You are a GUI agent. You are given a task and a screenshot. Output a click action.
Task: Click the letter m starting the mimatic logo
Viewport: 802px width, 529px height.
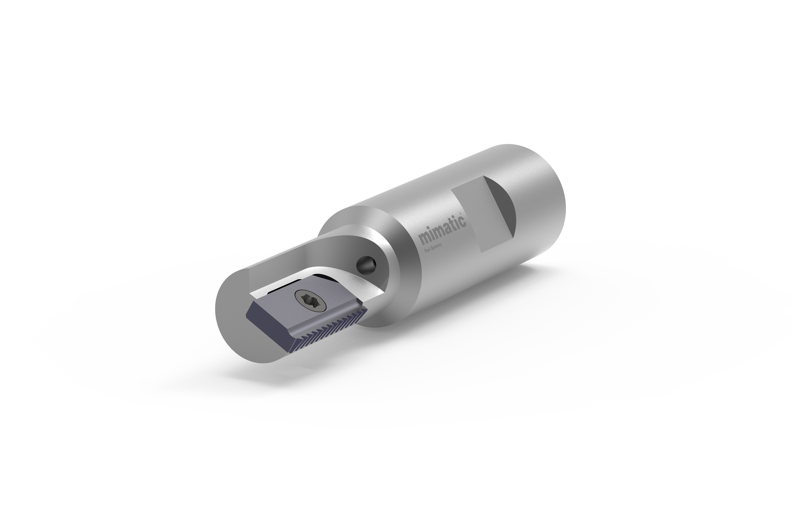pyautogui.click(x=423, y=239)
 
